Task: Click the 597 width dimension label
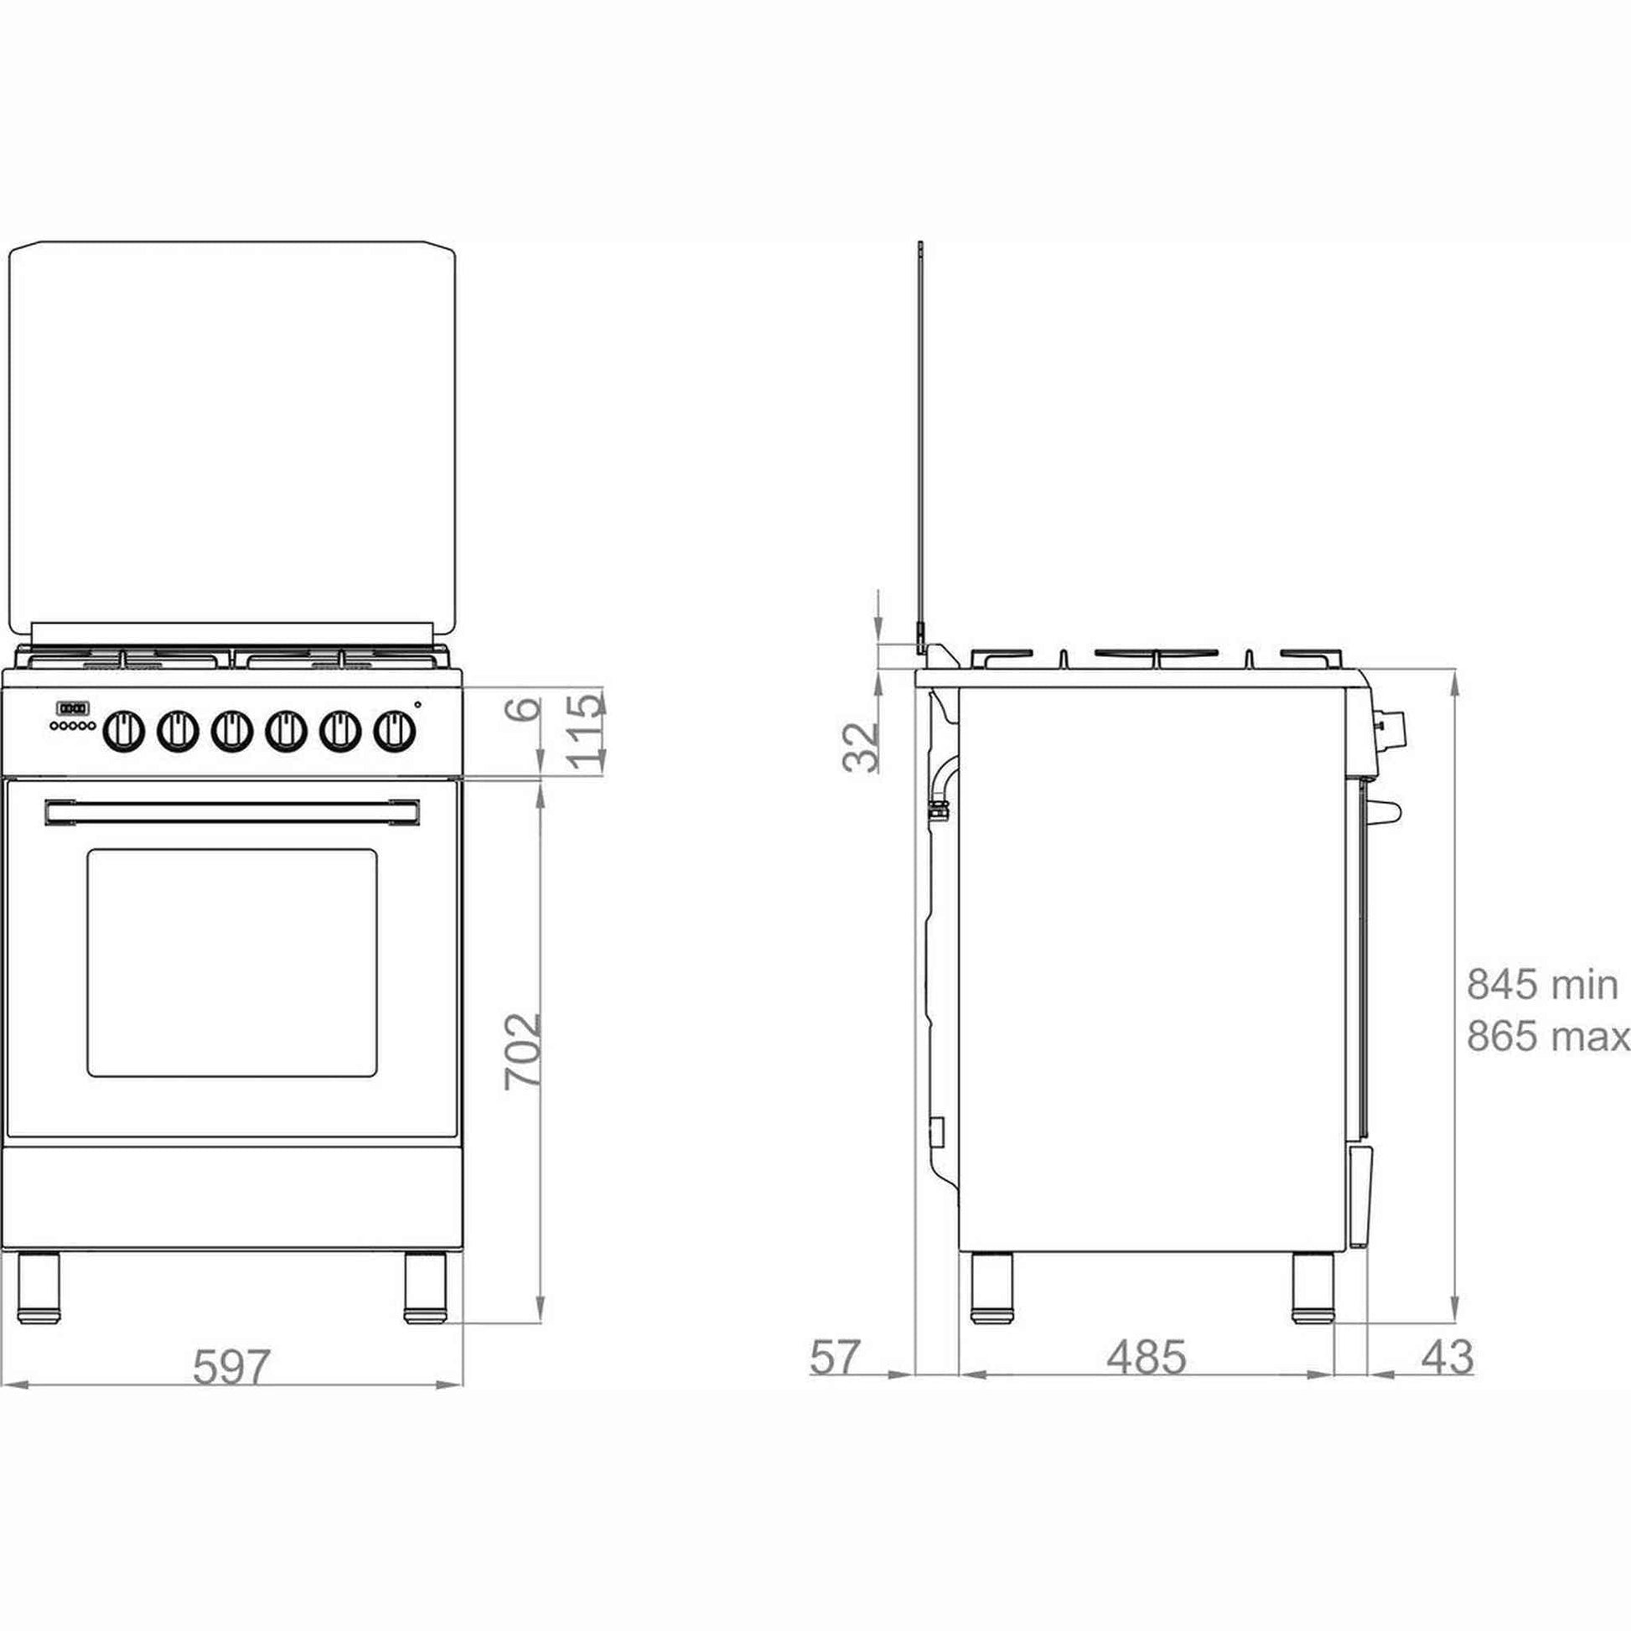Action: tap(231, 1368)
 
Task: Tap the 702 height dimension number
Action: tap(521, 1051)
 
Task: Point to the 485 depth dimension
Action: tap(1147, 1358)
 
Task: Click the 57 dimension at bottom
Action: tap(834, 1358)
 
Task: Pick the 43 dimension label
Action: tap(1447, 1358)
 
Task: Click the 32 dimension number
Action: tap(861, 746)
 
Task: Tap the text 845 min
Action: tap(1542, 984)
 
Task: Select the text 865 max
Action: tap(1548, 1036)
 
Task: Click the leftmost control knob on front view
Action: tap(124, 730)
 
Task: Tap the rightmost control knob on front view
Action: tap(394, 730)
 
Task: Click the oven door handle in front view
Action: tap(232, 812)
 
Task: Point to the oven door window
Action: tap(232, 963)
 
